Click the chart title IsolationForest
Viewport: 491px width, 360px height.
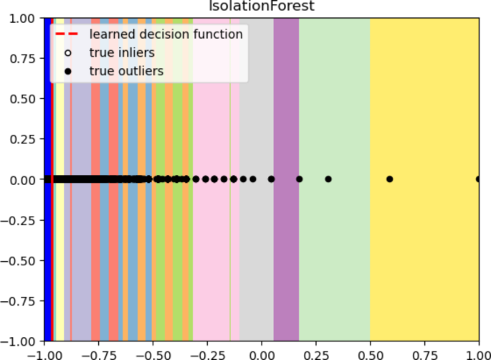[x=260, y=7]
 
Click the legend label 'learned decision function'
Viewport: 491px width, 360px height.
[x=166, y=34]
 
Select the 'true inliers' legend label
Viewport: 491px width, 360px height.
[x=122, y=52]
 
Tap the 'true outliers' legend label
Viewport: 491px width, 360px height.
[x=126, y=71]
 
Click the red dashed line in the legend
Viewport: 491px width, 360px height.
[x=67, y=34]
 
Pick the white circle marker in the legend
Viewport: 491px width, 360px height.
[x=67, y=52]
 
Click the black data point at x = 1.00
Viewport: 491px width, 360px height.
[x=478, y=179]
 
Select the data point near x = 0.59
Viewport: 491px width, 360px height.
[x=390, y=179]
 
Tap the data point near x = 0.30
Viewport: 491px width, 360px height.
[x=328, y=179]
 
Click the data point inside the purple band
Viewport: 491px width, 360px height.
[x=299, y=179]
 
